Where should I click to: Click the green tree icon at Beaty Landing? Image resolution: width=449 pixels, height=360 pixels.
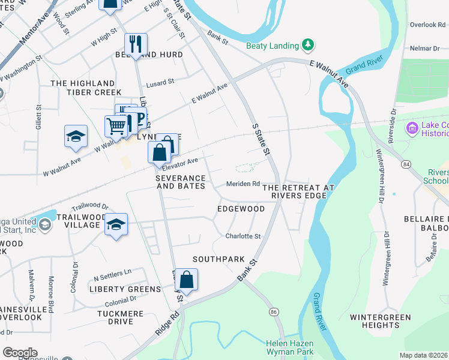308,45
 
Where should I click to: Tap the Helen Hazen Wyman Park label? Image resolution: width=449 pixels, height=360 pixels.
289,348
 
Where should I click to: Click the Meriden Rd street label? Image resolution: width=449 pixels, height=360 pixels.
243,184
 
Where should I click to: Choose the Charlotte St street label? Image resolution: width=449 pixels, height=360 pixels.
243,236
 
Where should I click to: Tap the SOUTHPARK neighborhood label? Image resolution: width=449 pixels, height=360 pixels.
218,259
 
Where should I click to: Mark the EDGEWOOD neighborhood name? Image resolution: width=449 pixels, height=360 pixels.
241,209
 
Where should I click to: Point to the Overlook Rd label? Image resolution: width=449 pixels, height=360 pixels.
427,25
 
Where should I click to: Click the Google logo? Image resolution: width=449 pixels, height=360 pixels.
19,353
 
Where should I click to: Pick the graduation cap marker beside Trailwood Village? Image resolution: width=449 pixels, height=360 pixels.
116,224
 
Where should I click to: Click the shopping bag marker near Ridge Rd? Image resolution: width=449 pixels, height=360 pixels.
187,279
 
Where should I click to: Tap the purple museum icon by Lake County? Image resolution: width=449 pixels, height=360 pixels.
412,127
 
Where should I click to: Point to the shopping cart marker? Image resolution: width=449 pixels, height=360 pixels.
116,126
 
